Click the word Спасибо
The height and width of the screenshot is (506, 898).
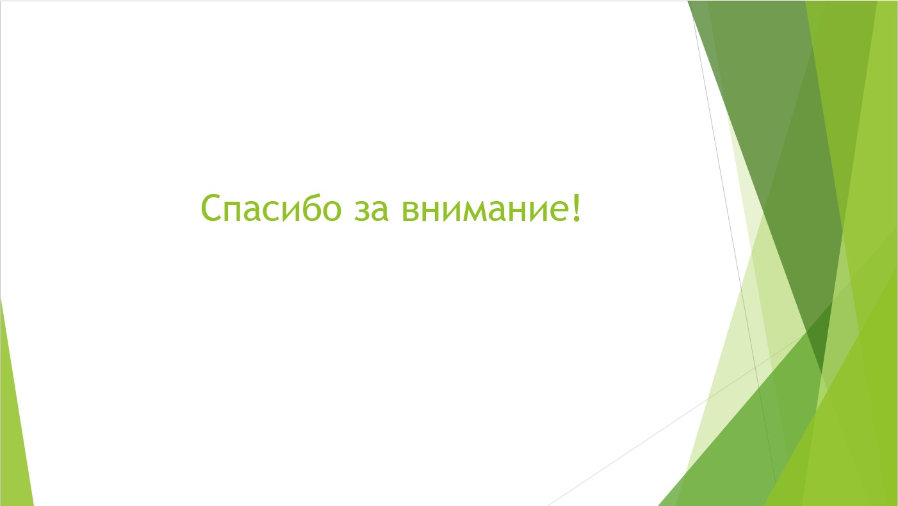[271, 208]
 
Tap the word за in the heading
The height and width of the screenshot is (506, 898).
[371, 209]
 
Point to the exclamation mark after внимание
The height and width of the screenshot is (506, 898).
[576, 208]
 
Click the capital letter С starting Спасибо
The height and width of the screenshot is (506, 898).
[211, 208]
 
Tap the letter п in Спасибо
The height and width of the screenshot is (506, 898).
[232, 210]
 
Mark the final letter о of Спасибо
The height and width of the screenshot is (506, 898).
[332, 210]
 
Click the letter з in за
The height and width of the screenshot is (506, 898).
[362, 210]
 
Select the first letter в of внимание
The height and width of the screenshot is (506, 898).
[411, 210]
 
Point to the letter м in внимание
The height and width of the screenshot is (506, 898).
[475, 210]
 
